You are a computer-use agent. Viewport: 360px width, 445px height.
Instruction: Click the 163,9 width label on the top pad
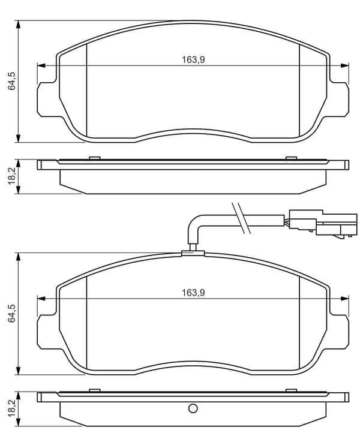tap(193, 59)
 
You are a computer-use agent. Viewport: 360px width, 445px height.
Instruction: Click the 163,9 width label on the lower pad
tap(193, 292)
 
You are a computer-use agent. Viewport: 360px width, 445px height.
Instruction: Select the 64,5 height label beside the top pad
tap(13, 81)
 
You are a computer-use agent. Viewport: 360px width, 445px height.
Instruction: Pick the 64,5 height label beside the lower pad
tap(13, 313)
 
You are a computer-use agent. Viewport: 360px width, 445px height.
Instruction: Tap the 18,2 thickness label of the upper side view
tap(13, 176)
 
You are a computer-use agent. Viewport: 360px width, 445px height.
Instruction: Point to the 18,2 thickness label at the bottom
tap(13, 408)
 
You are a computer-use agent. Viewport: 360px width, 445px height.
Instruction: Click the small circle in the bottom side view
tap(193, 408)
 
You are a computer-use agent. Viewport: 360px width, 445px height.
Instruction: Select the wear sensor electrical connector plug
tap(322, 222)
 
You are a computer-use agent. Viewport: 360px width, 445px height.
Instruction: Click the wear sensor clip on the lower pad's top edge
tap(193, 253)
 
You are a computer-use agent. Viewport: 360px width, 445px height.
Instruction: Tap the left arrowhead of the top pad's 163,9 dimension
tap(41, 65)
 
